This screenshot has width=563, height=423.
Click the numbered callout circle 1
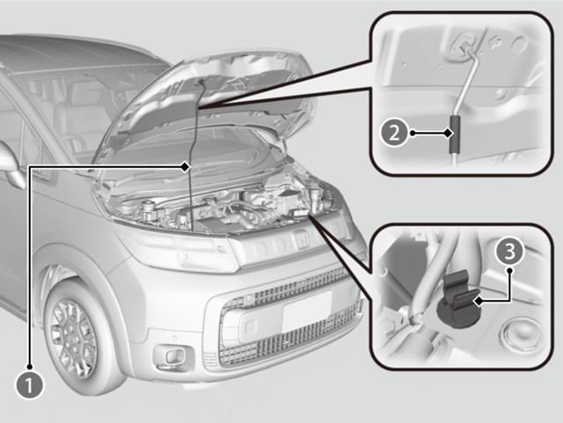point(29,386)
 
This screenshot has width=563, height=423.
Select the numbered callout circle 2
point(394,134)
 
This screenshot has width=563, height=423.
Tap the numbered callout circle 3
point(510,252)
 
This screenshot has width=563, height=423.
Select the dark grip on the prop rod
point(455,134)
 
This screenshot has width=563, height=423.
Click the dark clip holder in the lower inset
point(461,297)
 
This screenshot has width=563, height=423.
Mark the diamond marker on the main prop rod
point(185,166)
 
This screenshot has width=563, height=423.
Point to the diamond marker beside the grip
point(448,134)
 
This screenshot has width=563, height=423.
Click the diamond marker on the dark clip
point(478,302)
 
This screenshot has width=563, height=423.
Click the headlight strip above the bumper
point(176,248)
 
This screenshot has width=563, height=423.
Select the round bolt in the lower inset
point(518,333)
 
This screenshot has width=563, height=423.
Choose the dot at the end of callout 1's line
point(29,367)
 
